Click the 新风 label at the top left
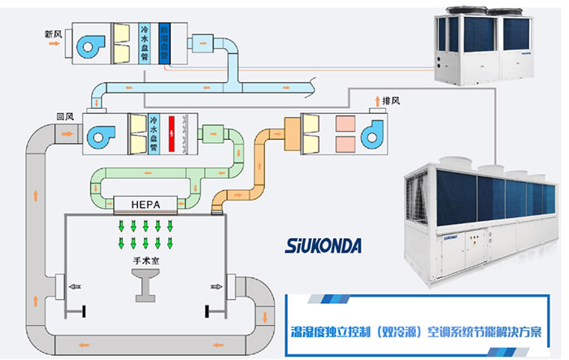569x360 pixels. [54, 34]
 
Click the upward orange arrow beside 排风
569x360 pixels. [377, 101]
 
